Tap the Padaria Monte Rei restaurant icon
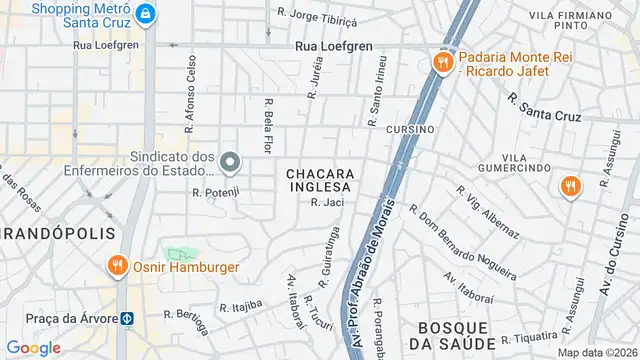[441, 62]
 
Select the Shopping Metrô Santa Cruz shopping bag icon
[146, 14]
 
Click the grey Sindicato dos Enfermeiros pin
[230, 162]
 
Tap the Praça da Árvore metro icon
[128, 319]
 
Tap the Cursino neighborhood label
[410, 130]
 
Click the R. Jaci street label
[327, 203]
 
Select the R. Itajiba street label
[241, 303]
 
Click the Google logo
[33, 348]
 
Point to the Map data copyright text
[597, 352]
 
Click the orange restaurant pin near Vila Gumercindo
[570, 187]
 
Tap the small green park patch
[180, 256]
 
